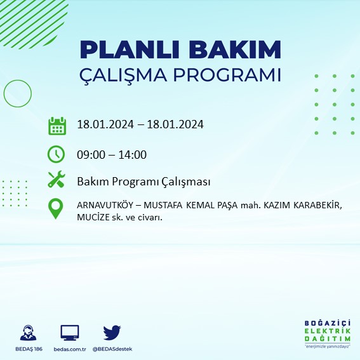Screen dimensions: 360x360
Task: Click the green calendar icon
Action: coord(57,125)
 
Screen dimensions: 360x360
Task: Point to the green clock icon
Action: coord(57,154)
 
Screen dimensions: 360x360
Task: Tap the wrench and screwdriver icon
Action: coord(57,180)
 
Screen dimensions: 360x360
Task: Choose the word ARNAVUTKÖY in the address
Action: coord(104,206)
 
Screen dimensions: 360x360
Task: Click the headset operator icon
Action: coord(28,333)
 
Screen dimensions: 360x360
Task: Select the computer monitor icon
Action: coord(69,333)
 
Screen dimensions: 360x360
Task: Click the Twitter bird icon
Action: coord(112,332)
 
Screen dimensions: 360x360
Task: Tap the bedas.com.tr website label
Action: coord(69,349)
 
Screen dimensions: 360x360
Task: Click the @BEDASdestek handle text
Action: coord(112,349)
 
